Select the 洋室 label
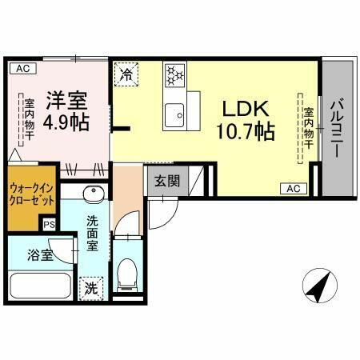click(66, 102)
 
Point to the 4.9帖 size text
click(66, 122)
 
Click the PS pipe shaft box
click(50, 225)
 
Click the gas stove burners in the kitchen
click(174, 76)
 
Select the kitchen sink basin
click(174, 114)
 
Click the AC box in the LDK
click(293, 189)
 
